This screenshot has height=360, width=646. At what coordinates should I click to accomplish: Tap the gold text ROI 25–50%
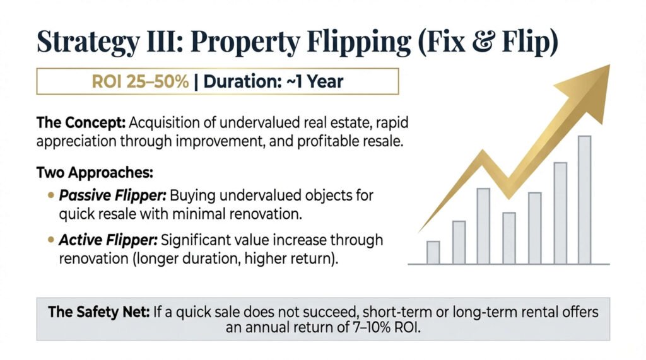point(140,81)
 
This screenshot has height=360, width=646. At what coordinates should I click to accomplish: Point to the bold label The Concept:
point(81,123)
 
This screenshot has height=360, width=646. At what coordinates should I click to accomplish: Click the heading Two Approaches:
point(95,173)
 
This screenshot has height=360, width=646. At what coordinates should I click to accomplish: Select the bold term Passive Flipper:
point(112,195)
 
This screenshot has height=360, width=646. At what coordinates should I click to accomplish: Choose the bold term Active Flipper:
point(109,240)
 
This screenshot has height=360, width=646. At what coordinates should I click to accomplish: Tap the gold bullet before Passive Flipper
point(51,195)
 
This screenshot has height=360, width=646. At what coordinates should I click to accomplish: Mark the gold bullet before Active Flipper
point(51,240)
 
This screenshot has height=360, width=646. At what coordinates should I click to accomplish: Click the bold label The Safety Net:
point(99,312)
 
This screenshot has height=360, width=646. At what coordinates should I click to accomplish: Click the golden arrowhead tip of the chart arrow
point(609,65)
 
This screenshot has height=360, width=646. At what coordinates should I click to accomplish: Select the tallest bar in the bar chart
point(584,200)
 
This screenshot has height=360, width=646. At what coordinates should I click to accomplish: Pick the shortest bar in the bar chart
point(433,252)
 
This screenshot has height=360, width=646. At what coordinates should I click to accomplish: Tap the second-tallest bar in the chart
point(560,213)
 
